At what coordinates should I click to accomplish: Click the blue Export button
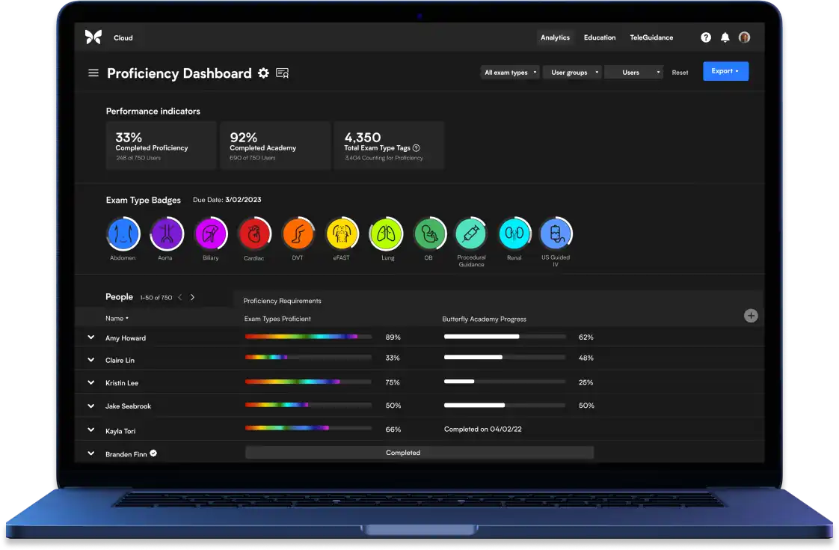click(725, 71)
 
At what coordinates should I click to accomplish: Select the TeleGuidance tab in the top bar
click(651, 37)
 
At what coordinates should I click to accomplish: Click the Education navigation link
click(600, 37)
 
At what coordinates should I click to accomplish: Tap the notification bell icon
click(725, 37)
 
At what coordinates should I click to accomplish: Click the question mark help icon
click(706, 37)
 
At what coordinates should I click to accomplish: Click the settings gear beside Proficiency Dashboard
click(263, 73)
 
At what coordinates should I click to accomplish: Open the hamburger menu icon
click(93, 73)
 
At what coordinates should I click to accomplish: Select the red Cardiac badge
click(253, 233)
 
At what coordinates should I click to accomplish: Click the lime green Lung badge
click(386, 233)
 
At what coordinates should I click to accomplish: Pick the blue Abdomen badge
click(123, 233)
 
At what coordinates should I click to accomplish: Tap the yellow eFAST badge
click(342, 233)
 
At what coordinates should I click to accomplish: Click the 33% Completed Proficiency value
click(129, 138)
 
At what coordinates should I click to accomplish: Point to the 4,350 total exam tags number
click(362, 138)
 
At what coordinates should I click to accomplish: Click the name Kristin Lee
click(122, 383)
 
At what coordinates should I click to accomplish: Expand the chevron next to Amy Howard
click(91, 337)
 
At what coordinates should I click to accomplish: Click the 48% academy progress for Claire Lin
click(586, 358)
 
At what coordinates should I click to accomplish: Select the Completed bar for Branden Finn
click(419, 453)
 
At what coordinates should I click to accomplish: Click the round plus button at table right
click(751, 316)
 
